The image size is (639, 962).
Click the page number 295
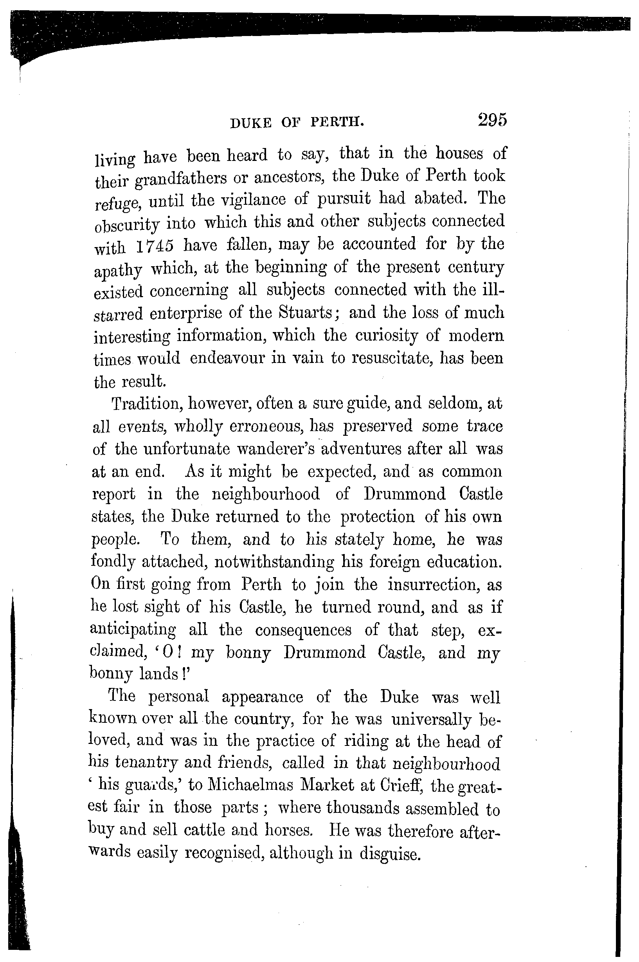click(x=492, y=120)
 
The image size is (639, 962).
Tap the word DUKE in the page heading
click(x=250, y=122)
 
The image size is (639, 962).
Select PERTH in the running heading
click(x=337, y=121)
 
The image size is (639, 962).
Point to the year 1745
click(x=155, y=246)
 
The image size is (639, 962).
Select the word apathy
click(x=118, y=270)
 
